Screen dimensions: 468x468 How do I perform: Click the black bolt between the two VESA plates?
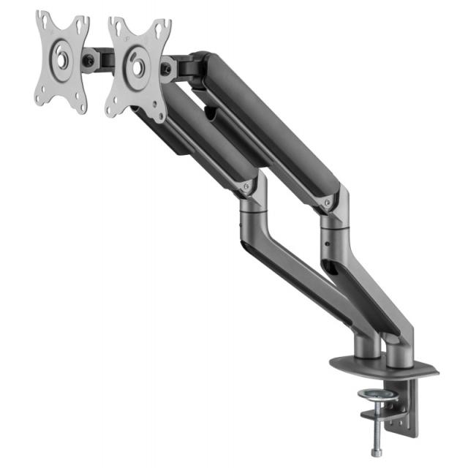click(90, 62)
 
